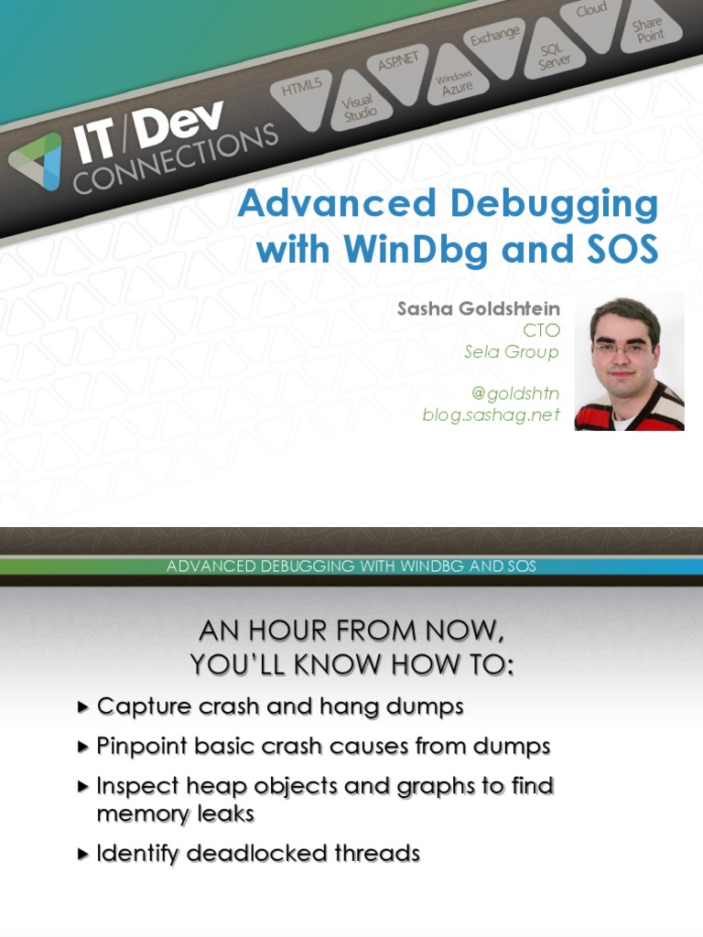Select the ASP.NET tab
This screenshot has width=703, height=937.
(x=398, y=62)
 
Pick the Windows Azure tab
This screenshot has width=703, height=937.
(x=454, y=84)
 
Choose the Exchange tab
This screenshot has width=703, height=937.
(x=495, y=37)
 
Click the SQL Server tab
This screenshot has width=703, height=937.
(x=554, y=56)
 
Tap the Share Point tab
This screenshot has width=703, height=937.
(x=647, y=28)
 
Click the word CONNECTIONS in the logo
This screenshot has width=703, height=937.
(x=174, y=158)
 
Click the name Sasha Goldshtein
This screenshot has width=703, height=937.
(x=478, y=309)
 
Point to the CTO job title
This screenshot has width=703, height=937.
(x=541, y=330)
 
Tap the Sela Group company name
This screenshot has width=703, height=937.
(x=512, y=351)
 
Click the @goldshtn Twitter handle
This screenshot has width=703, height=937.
(x=515, y=393)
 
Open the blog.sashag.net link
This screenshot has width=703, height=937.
(x=492, y=415)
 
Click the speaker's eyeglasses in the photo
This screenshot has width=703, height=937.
(x=623, y=348)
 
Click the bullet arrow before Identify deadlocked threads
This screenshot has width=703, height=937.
(x=84, y=855)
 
